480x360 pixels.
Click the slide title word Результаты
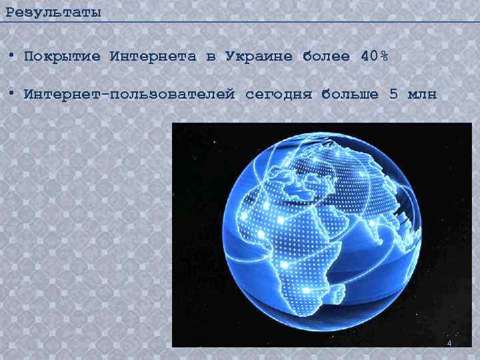click(53, 11)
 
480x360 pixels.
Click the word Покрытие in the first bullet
click(62, 57)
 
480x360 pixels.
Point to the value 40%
click(373, 57)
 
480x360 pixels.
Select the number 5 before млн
click(394, 94)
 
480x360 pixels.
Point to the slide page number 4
click(449, 343)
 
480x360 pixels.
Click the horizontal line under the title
click(240, 22)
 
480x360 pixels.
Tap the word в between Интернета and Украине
click(211, 57)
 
